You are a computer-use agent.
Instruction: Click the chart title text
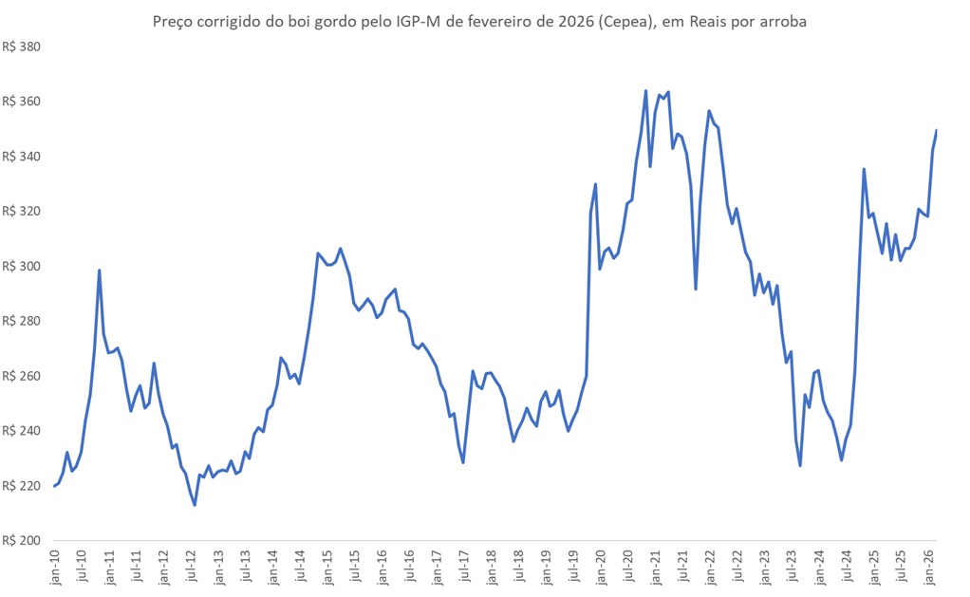tap(479, 22)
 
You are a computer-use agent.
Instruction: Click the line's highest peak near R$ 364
tap(646, 91)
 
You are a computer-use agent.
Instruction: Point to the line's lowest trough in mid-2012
tap(195, 505)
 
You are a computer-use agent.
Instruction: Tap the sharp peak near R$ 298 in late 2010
tap(100, 271)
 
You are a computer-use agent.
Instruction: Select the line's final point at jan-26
tap(937, 130)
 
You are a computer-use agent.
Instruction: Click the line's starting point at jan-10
tap(55, 486)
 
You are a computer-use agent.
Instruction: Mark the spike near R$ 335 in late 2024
tap(864, 169)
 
